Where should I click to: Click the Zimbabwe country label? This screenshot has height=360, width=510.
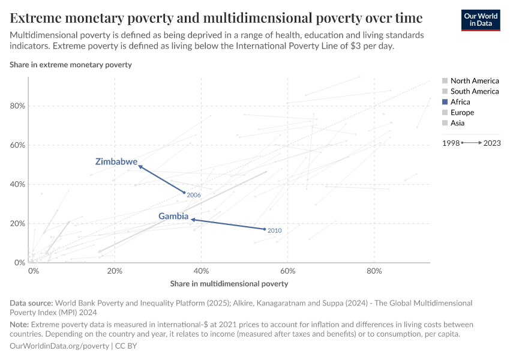[x=116, y=162]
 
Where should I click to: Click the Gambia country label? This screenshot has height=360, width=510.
[x=173, y=216]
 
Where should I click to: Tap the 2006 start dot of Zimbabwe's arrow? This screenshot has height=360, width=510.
[x=184, y=193]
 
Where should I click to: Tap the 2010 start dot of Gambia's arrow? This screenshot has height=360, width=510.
[x=265, y=229]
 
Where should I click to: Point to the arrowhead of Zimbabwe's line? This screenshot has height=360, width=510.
[x=140, y=166]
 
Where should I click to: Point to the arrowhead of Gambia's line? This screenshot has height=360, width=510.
[x=192, y=220]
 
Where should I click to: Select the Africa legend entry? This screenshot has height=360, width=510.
[x=460, y=102]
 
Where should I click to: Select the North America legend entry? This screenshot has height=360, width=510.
[x=474, y=80]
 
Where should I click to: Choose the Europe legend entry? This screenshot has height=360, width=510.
[x=461, y=113]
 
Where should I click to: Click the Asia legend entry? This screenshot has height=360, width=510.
[x=457, y=123]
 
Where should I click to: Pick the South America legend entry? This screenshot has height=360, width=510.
[x=474, y=91]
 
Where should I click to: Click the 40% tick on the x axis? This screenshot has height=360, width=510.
[x=201, y=271]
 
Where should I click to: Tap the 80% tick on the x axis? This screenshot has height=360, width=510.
[x=374, y=271]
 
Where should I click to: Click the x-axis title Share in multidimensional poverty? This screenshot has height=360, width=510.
[x=229, y=284]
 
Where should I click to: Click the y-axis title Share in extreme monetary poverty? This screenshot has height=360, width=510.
[x=71, y=64]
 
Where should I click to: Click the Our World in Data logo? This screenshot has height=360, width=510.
[x=480, y=19]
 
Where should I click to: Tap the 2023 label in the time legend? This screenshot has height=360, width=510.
[x=492, y=143]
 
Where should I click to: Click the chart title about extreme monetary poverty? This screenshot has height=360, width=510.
[x=216, y=17]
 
